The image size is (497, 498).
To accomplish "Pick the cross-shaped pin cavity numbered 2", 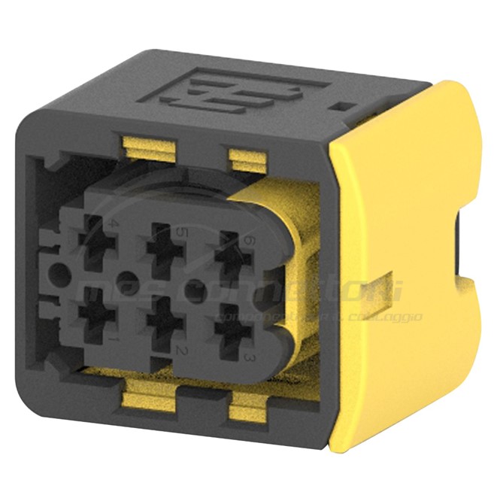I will click(161, 322).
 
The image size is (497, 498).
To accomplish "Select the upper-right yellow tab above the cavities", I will click(247, 158).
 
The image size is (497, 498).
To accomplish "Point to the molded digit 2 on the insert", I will click(180, 351).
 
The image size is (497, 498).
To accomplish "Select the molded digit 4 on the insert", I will click(114, 224).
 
